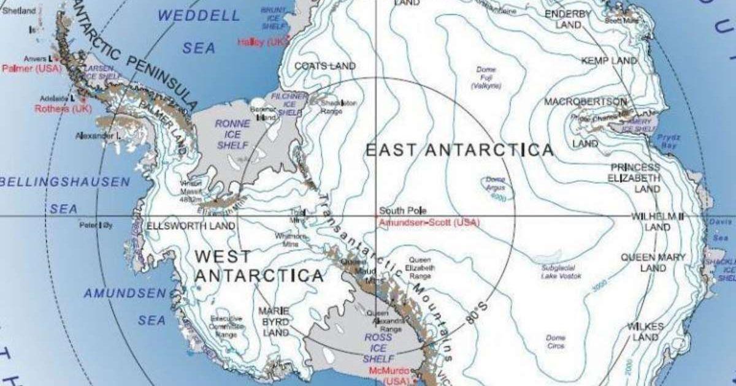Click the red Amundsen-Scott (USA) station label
click(x=429, y=222)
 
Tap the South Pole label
click(x=399, y=210)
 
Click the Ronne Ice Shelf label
click(x=232, y=134)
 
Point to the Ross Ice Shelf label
click(x=378, y=347)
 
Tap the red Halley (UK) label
click(x=263, y=42)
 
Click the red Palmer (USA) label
click(x=31, y=68)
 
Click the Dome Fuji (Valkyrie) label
click(x=486, y=78)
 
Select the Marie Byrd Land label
click(x=273, y=322)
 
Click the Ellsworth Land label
click(x=190, y=226)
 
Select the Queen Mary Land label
click(x=653, y=262)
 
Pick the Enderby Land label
click(x=568, y=19)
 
